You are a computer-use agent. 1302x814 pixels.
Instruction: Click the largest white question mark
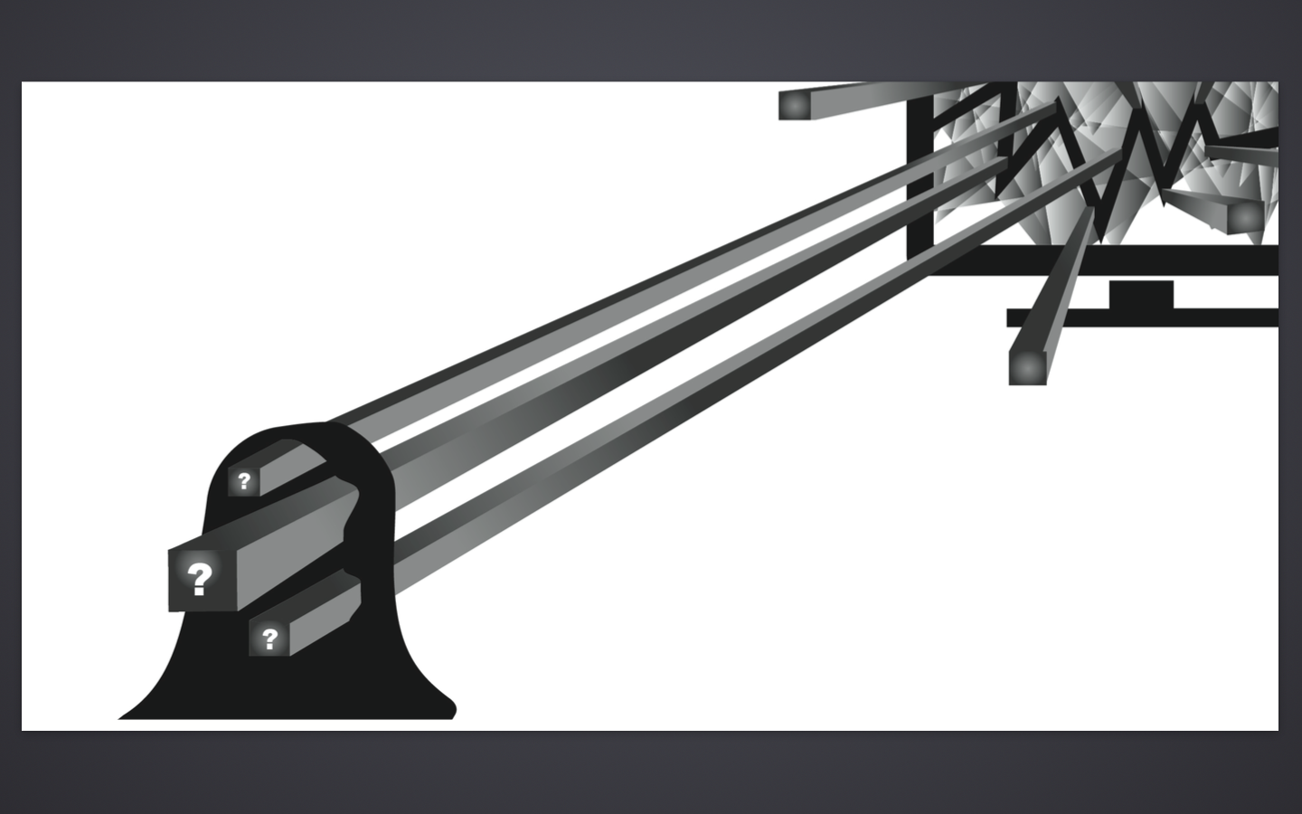[x=200, y=579]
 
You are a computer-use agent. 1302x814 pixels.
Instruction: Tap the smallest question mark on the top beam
[x=244, y=481]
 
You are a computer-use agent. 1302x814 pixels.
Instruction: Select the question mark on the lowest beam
[x=269, y=639]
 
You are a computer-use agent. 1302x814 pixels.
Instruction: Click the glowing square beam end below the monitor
[x=1027, y=367]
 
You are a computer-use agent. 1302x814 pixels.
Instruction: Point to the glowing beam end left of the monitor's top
[x=795, y=106]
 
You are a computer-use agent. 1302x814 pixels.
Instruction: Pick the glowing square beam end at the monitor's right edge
[x=1244, y=217]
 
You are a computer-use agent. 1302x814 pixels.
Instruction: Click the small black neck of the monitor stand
[x=1141, y=295]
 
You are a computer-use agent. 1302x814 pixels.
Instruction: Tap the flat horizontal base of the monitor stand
[x=1142, y=317]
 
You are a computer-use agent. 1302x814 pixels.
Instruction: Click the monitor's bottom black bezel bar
[x=1104, y=260]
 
